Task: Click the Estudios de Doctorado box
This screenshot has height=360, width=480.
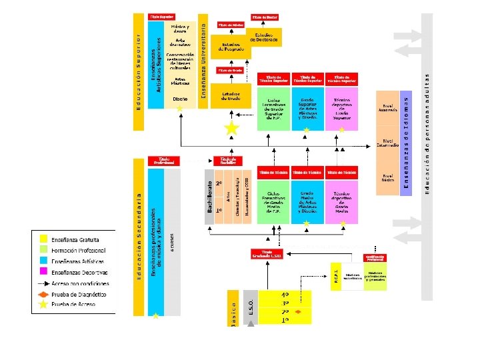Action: (264, 37)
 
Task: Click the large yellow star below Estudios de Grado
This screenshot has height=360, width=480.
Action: (231, 127)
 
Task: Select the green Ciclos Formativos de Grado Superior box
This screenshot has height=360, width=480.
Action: (273, 109)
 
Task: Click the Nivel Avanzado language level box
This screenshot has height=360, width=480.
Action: (387, 108)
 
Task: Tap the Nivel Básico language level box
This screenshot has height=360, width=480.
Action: (387, 177)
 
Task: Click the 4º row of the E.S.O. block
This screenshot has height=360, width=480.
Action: (285, 294)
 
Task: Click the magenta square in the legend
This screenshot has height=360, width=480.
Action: (43, 272)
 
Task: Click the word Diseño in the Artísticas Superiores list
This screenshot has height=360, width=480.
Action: (180, 99)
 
